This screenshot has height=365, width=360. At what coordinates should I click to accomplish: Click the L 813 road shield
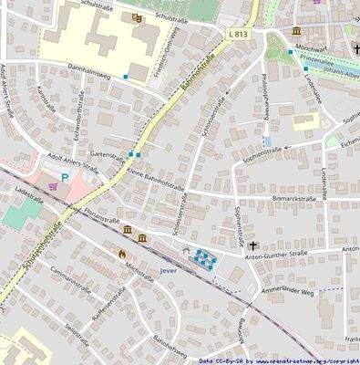(x=238, y=34)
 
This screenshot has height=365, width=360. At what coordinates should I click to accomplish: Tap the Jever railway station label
(x=165, y=271)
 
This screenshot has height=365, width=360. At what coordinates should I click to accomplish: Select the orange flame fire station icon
(x=121, y=253)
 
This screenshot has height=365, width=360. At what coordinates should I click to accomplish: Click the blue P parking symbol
(x=65, y=178)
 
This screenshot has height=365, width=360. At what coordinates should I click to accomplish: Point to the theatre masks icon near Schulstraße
(x=137, y=17)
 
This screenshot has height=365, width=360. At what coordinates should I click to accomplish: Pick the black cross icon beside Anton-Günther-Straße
(x=252, y=245)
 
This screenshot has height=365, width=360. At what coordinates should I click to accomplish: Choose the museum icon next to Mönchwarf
(x=297, y=32)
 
